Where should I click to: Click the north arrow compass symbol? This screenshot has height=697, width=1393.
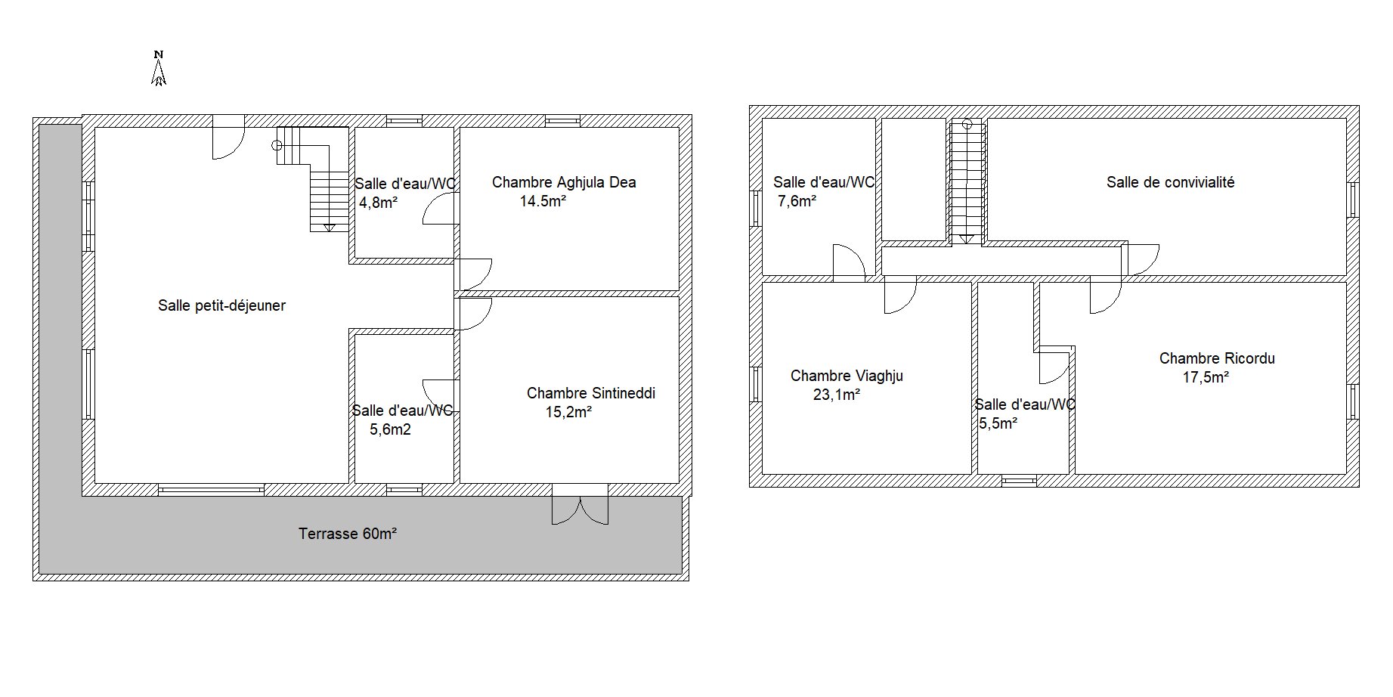[x=159, y=68]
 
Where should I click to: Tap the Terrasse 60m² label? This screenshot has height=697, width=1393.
[x=348, y=534]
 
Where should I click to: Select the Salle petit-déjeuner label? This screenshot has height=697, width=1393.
[x=221, y=306]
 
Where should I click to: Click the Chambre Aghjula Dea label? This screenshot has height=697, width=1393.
[x=564, y=182]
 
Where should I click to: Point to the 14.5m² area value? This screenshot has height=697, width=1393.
[x=543, y=201]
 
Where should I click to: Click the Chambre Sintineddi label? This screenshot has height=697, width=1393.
[x=590, y=393]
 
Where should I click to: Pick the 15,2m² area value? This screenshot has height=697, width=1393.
[x=568, y=412]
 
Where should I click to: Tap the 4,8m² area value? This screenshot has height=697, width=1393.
[x=379, y=202]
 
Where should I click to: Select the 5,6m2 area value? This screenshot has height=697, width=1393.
[x=390, y=430]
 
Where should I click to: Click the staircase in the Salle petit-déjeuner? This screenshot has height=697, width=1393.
[x=311, y=179]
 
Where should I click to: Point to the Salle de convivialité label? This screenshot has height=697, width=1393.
[x=1170, y=182]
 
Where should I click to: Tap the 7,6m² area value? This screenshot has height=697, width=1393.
[x=797, y=201]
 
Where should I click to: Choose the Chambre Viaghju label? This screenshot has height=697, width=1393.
[x=847, y=376]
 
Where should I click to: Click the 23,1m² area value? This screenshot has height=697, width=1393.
[x=837, y=395]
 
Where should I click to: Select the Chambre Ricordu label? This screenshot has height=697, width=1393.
[x=1217, y=358]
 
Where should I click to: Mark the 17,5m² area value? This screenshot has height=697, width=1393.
[x=1206, y=377]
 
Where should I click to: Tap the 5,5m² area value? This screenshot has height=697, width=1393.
[x=998, y=423]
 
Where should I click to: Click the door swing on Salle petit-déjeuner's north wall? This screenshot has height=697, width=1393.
[x=228, y=138]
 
